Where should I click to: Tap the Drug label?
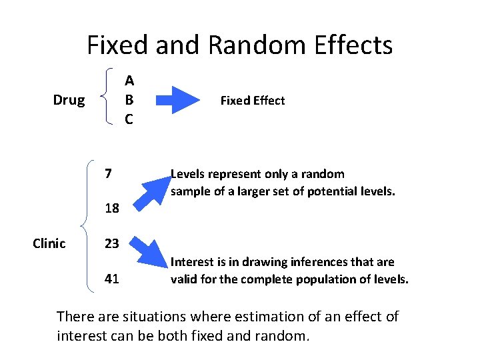[x=69, y=100]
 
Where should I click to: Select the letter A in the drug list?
[x=129, y=81]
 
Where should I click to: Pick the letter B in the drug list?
[x=129, y=100]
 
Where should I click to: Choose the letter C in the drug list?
[x=129, y=119]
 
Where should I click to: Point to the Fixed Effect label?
[x=253, y=101]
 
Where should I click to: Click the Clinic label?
[x=49, y=243]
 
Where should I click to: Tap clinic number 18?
[x=111, y=209]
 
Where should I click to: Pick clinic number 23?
[x=111, y=243]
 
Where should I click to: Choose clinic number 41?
[x=111, y=279]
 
